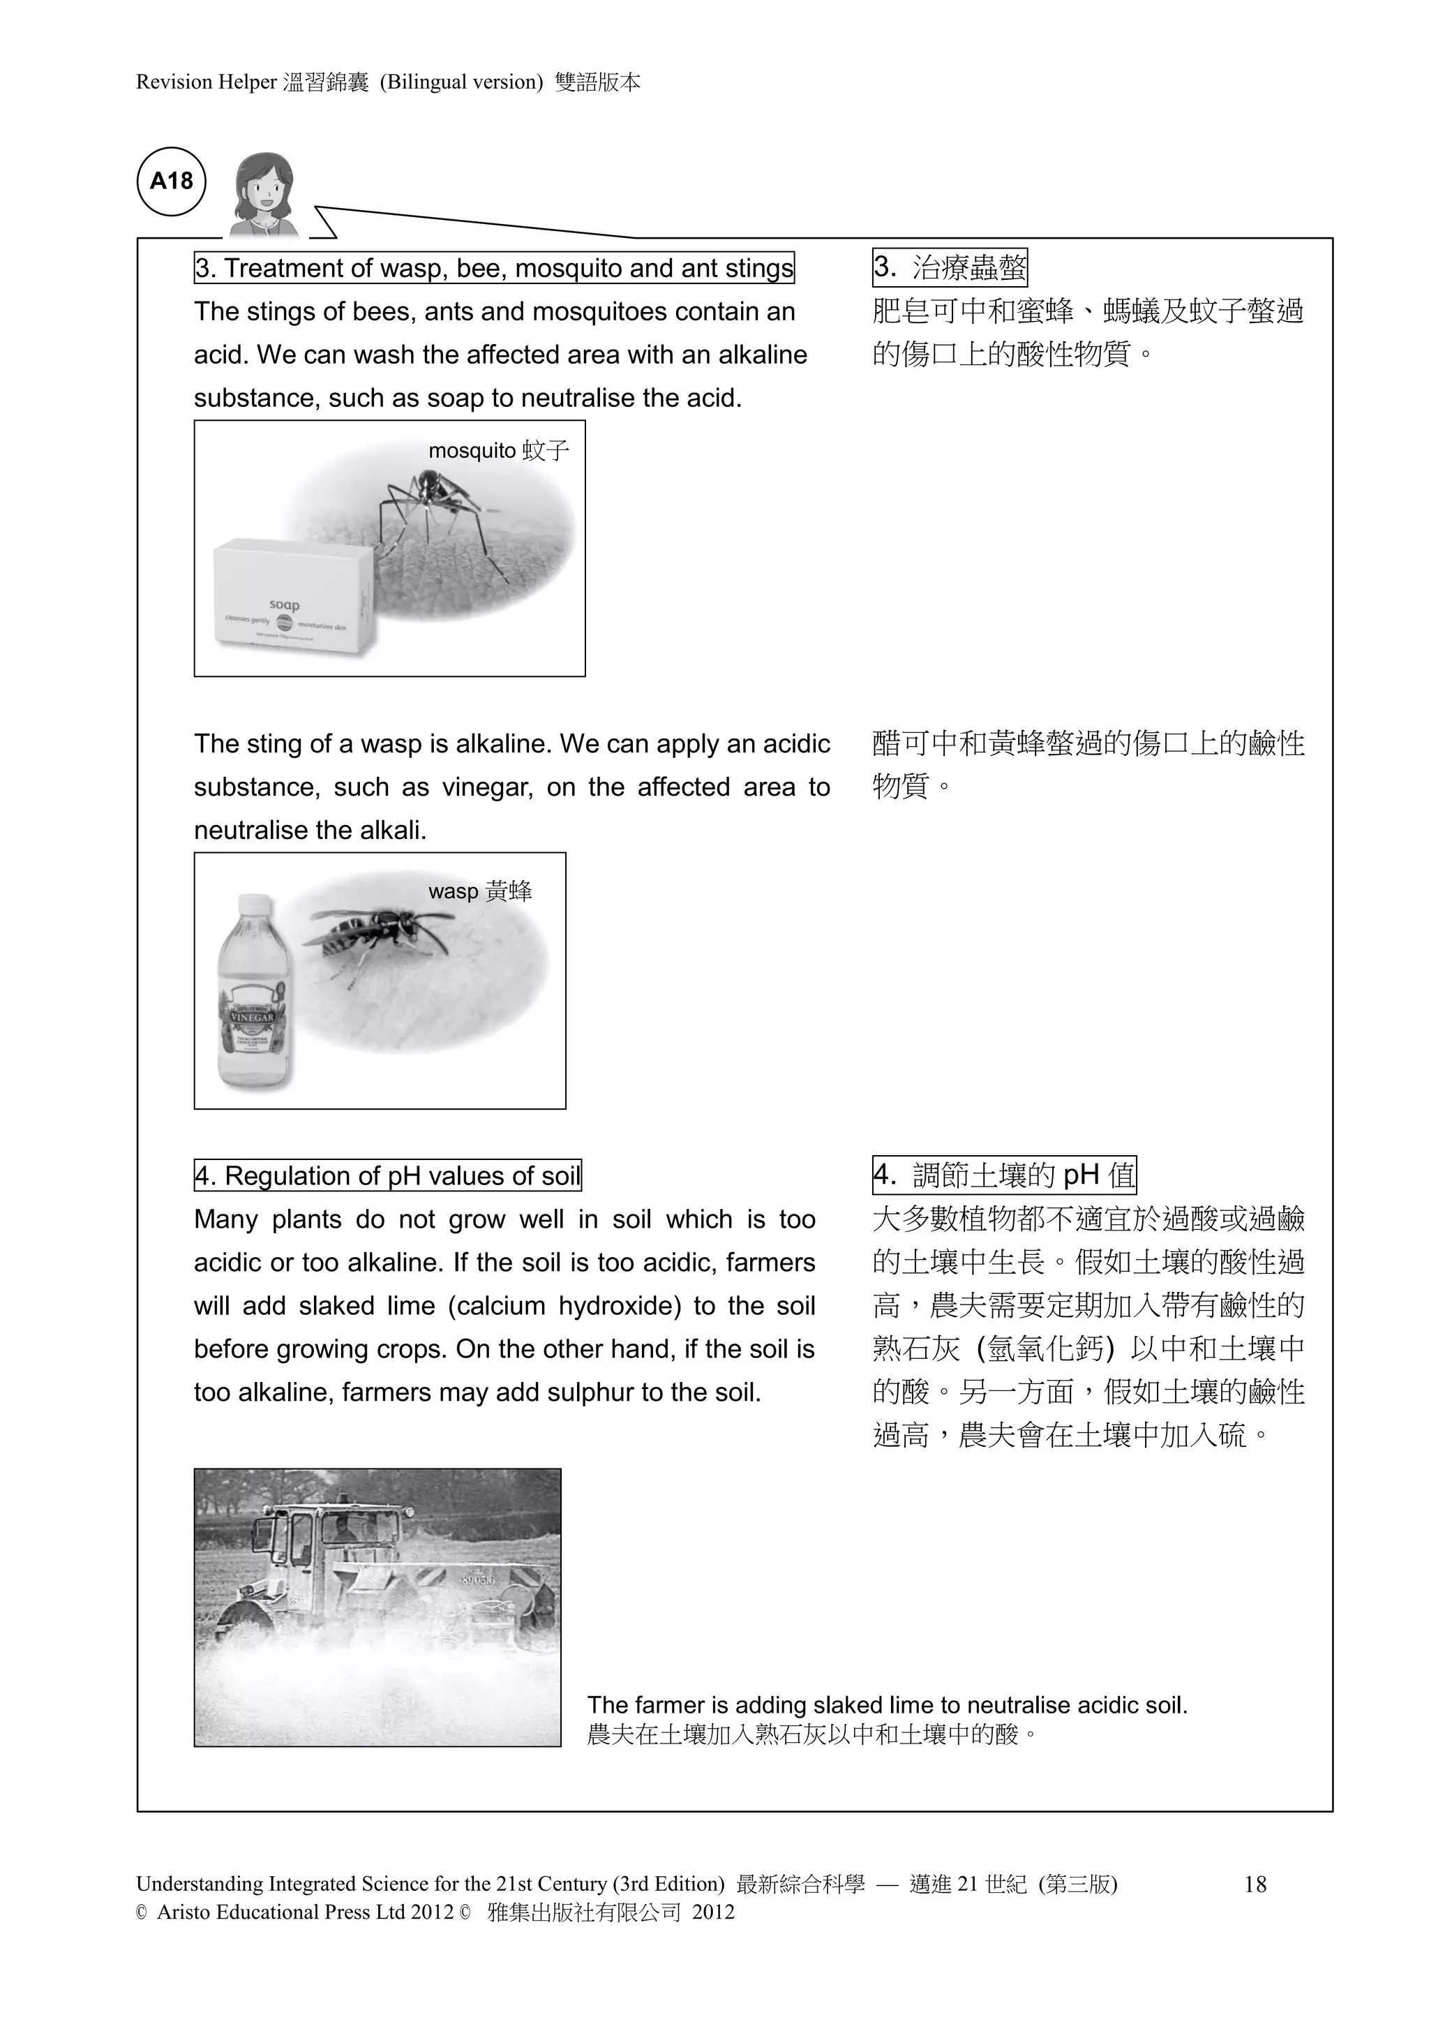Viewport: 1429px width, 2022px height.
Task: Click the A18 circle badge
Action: tap(172, 181)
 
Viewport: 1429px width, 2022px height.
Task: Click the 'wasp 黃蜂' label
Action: tap(480, 891)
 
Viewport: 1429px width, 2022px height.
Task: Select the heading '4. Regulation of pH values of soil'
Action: tap(387, 1175)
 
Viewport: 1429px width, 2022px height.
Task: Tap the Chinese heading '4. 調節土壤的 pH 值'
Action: tap(1004, 1175)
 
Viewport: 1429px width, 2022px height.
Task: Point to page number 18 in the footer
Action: tap(1255, 1885)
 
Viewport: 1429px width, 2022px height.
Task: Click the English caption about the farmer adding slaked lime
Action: tap(887, 1706)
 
